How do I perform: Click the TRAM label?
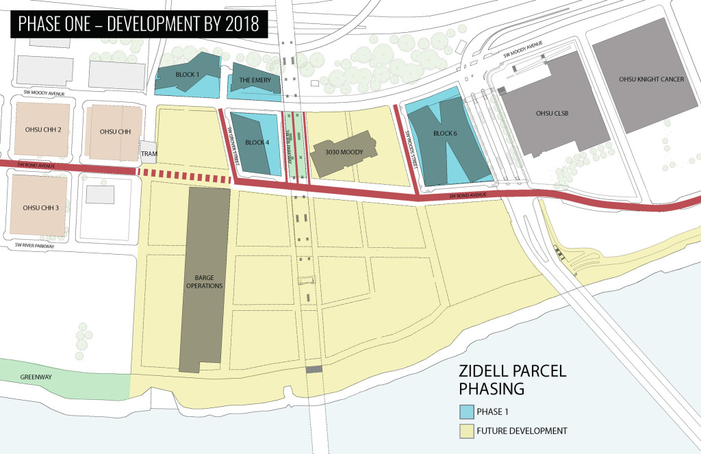(149, 153)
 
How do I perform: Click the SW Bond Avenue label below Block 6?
(472, 196)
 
